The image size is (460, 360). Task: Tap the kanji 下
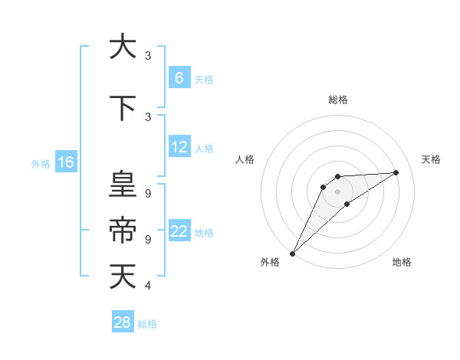click(x=122, y=108)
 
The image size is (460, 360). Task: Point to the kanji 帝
click(x=122, y=230)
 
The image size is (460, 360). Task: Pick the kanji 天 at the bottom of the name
click(x=122, y=277)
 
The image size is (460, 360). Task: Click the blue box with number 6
click(x=179, y=77)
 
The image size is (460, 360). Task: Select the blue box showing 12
click(x=179, y=147)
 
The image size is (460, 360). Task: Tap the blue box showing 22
click(x=179, y=231)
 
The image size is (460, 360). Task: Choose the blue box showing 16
click(x=65, y=162)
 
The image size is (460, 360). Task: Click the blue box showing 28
click(x=123, y=322)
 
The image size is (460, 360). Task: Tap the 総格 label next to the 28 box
click(x=147, y=324)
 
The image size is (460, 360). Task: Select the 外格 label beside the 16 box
click(x=40, y=163)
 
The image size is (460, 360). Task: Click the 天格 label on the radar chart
click(x=431, y=159)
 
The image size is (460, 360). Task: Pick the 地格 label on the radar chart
click(x=402, y=262)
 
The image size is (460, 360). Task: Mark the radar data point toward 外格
click(x=292, y=253)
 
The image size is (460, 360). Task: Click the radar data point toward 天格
click(x=396, y=172)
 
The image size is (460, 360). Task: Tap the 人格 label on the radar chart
click(x=245, y=159)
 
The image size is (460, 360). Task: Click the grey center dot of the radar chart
click(x=337, y=191)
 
